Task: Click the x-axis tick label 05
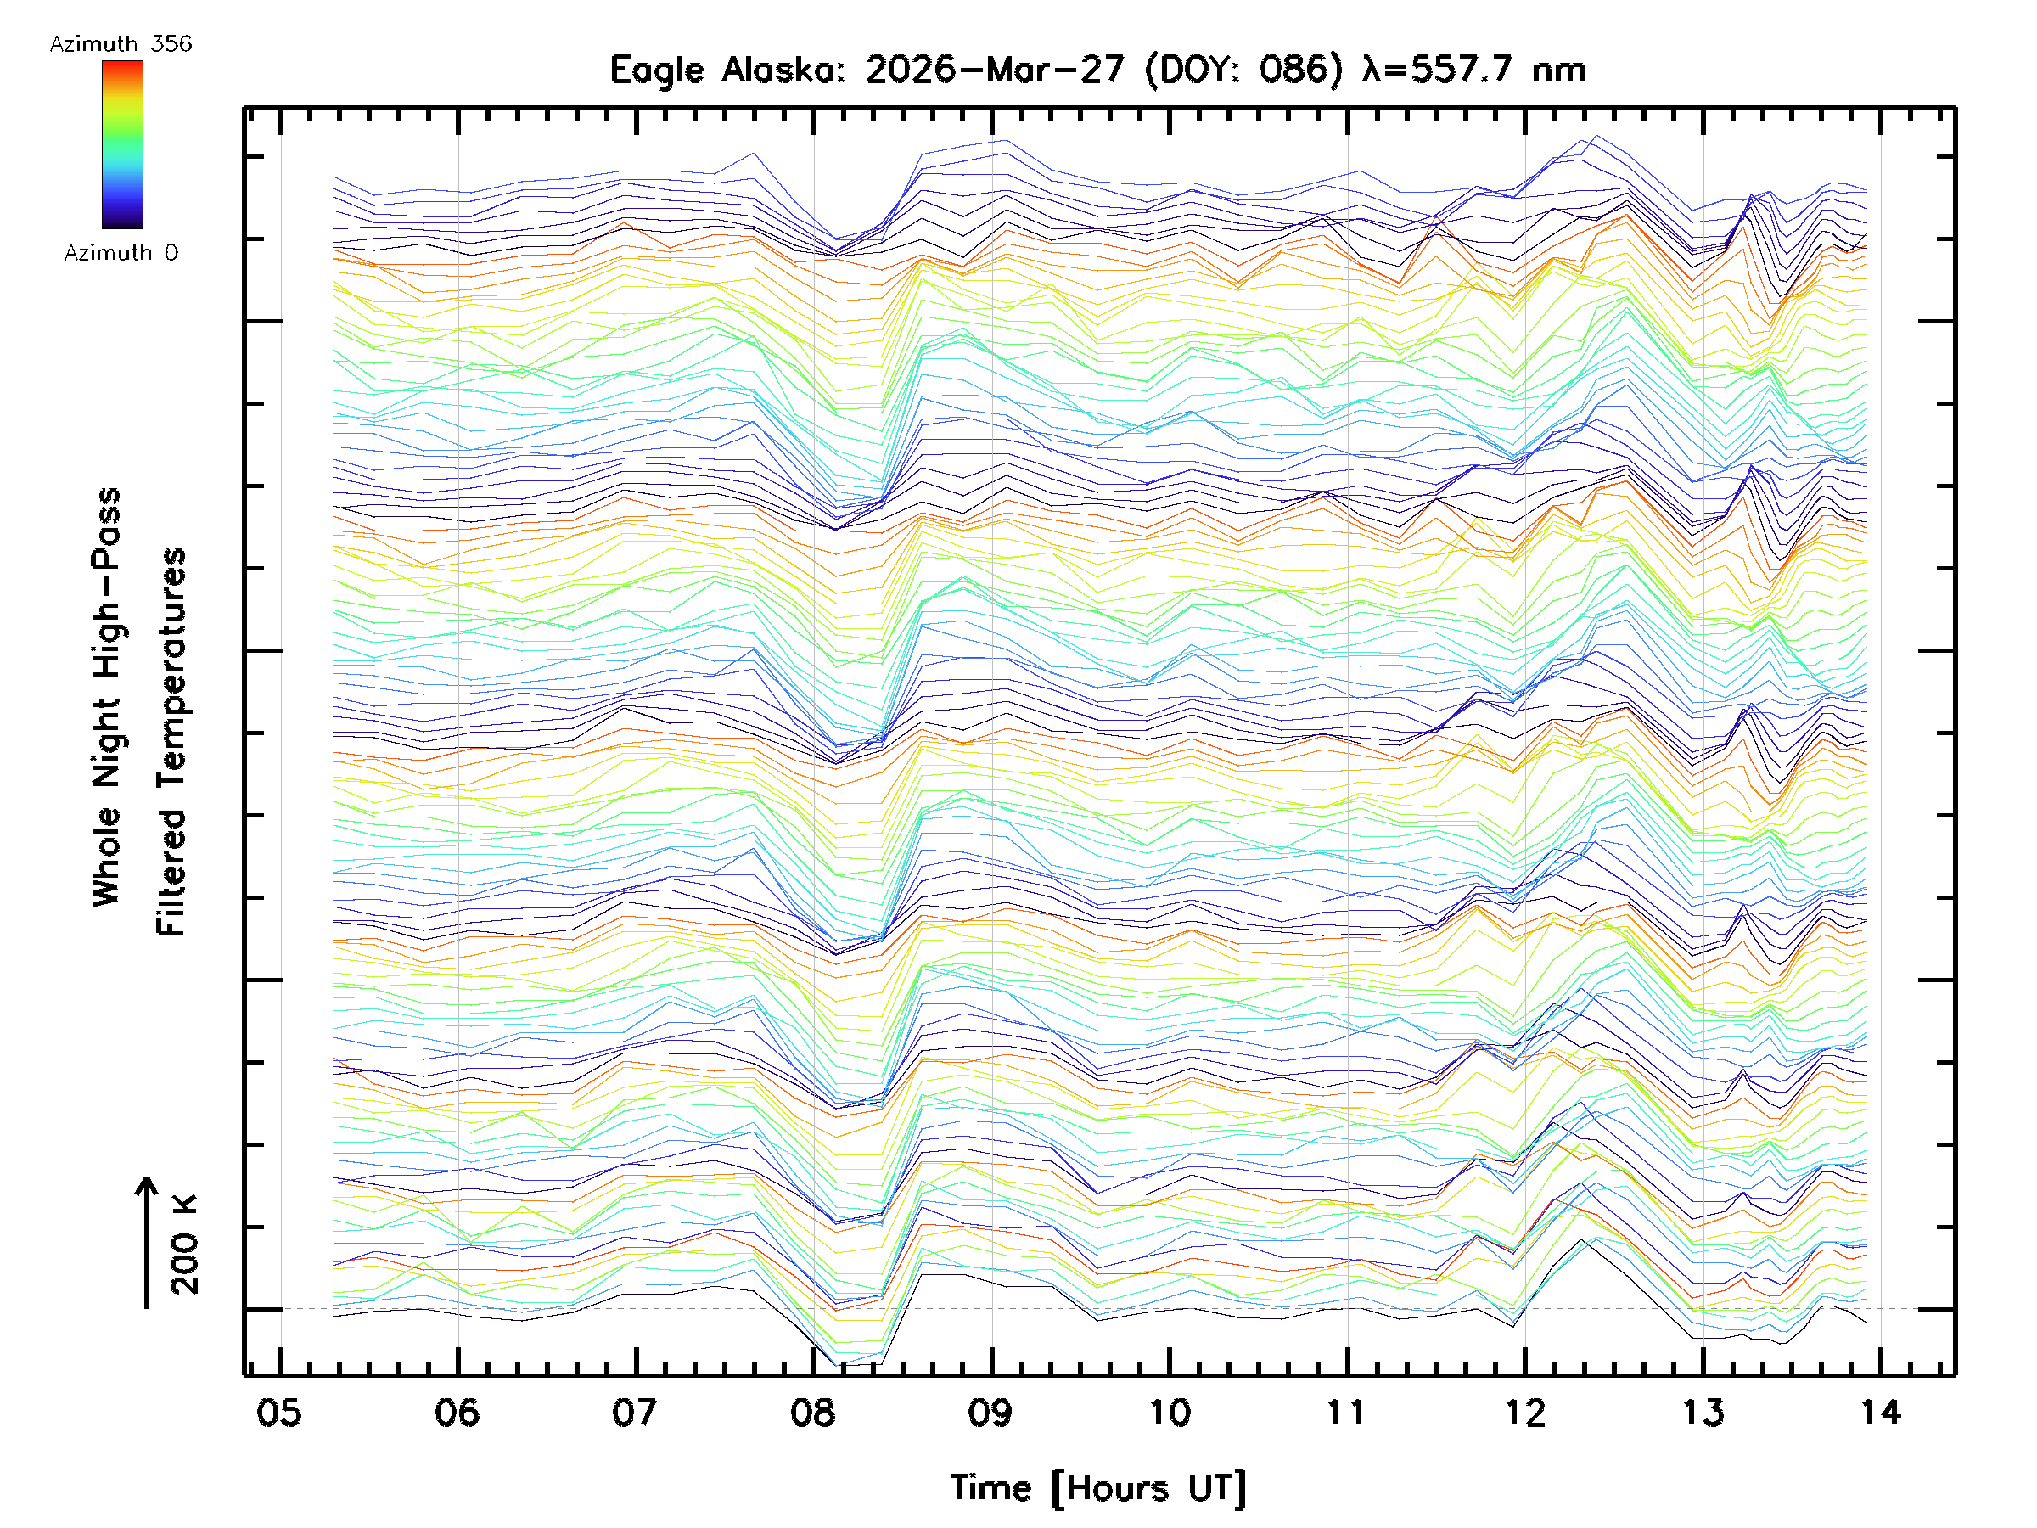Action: (279, 1412)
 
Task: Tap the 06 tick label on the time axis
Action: (457, 1412)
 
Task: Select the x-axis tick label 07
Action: (636, 1412)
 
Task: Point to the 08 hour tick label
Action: (813, 1412)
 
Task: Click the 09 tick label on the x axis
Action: (990, 1412)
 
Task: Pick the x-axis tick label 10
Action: (1170, 1412)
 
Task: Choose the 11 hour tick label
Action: (1347, 1412)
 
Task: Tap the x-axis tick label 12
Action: (1525, 1412)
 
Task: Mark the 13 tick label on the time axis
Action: (1703, 1412)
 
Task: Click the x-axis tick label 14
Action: (1881, 1412)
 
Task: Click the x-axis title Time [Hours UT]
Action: (1098, 1487)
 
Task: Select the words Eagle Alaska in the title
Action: (727, 70)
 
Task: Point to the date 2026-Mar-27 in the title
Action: (995, 70)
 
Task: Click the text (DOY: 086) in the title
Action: (1243, 70)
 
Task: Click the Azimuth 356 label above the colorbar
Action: (121, 44)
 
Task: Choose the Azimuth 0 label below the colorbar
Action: (121, 252)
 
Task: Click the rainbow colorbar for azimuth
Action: (122, 144)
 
